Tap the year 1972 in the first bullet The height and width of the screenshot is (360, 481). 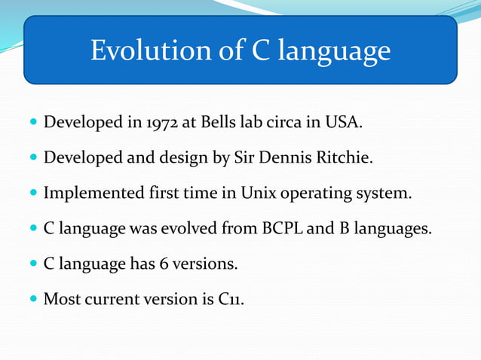point(159,122)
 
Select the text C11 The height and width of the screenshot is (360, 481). point(231,299)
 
